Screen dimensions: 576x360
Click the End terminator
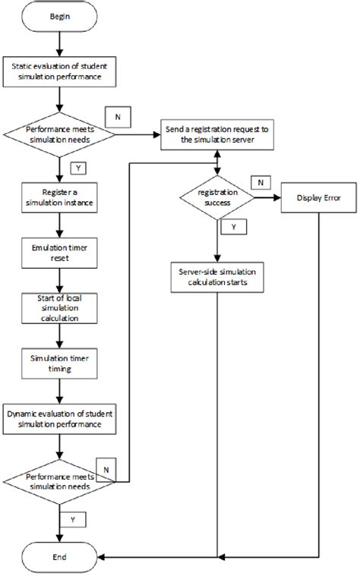pyautogui.click(x=59, y=557)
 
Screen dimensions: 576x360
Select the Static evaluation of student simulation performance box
pyautogui.click(x=59, y=72)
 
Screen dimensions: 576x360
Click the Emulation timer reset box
pyautogui.click(x=59, y=252)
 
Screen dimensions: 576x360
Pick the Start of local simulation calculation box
pyautogui.click(x=59, y=307)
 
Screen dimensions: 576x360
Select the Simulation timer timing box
pyautogui.click(x=59, y=363)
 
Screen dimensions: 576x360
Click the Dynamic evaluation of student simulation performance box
pyautogui.click(x=59, y=419)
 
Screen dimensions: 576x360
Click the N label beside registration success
pyautogui.click(x=261, y=182)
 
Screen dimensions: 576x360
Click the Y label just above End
pyautogui.click(x=74, y=521)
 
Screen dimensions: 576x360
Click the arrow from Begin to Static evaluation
pyautogui.click(x=59, y=46)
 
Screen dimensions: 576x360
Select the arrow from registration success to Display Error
pyautogui.click(x=267, y=197)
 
